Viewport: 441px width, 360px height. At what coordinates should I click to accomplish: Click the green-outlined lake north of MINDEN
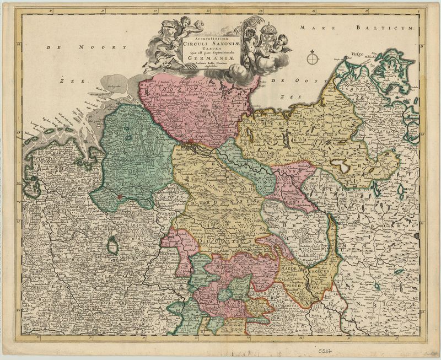coord(112,246)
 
